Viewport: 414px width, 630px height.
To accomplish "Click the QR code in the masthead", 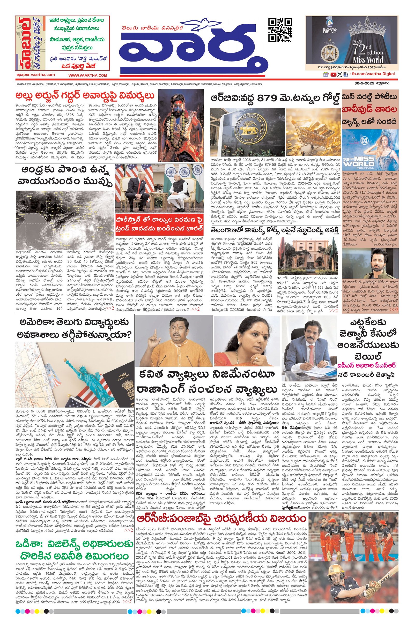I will click(x=280, y=30).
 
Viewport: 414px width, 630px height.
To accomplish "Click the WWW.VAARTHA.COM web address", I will click(x=89, y=75).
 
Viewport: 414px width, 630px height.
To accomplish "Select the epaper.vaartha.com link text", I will click(x=35, y=75).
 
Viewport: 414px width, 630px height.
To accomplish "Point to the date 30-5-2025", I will click(x=364, y=83).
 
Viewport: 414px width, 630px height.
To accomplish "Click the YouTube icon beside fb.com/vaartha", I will click(x=333, y=75).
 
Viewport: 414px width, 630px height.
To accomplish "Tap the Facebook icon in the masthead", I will click(x=346, y=75).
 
